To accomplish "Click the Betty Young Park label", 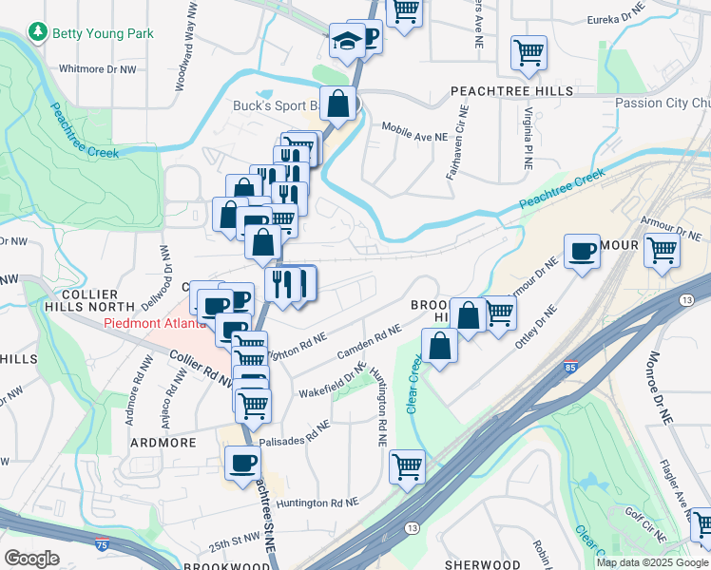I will coord(103,33).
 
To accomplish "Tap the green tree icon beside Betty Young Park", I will coord(38,33).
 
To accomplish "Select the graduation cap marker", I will coord(344,42).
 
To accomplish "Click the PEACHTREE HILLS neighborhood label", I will coord(512,91).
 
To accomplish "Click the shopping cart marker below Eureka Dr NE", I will coord(528,53).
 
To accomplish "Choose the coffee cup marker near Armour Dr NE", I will coord(582,252).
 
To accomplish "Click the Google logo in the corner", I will coord(31,559).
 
